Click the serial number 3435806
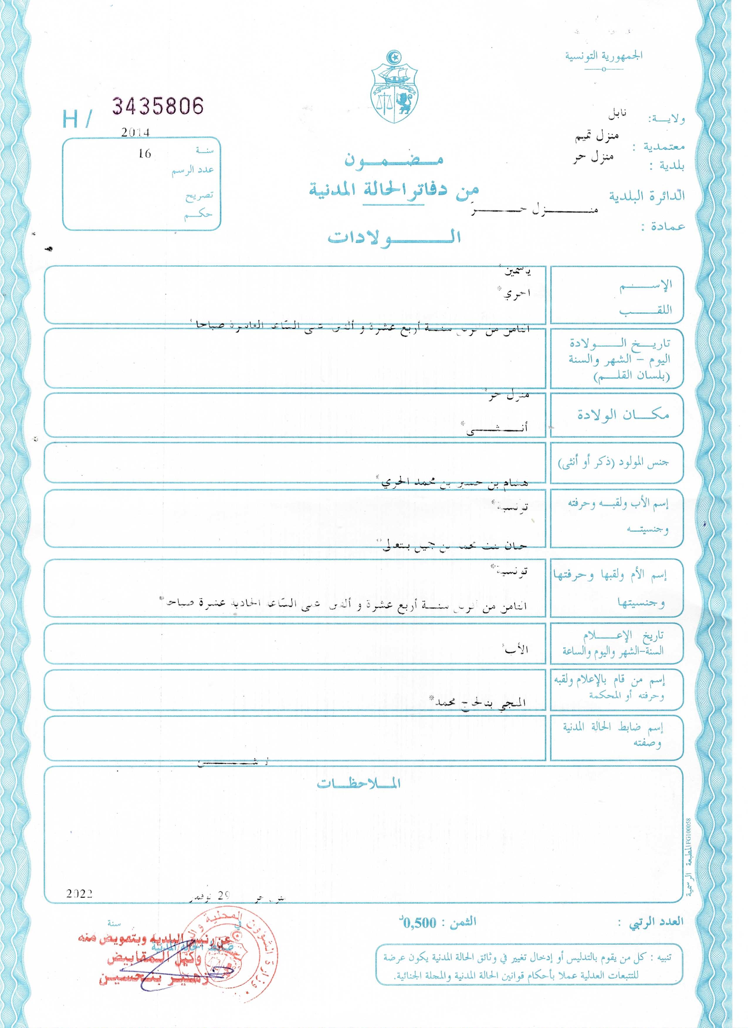click(158, 106)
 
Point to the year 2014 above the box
click(135, 132)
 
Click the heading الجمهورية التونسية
click(603, 56)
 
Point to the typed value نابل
click(618, 113)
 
